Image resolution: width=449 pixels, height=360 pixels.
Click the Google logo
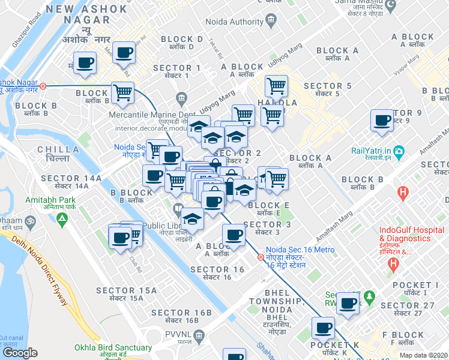click(x=20, y=353)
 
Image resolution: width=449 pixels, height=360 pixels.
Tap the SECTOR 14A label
click(x=67, y=179)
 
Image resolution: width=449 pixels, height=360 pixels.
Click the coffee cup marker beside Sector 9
click(x=382, y=121)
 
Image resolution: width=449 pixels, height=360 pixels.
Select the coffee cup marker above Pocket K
click(x=323, y=328)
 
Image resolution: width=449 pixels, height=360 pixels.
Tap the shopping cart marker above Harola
click(x=276, y=86)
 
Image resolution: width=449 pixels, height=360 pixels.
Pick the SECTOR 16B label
click(x=182, y=313)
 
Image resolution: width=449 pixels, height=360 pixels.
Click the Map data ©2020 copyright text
click(x=424, y=355)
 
